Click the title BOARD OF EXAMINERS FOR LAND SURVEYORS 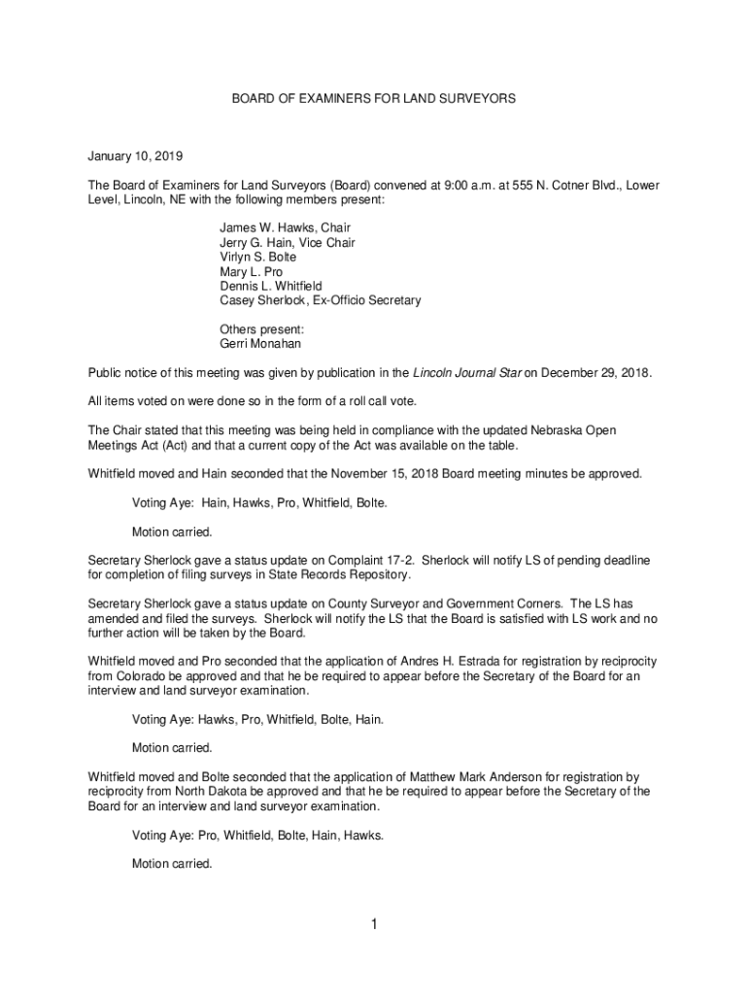coord(373,99)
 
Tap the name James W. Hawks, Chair coord(278,227)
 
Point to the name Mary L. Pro coord(251,272)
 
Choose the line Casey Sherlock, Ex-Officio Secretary coord(320,301)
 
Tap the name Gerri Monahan coord(260,344)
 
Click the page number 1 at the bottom coord(373,925)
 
